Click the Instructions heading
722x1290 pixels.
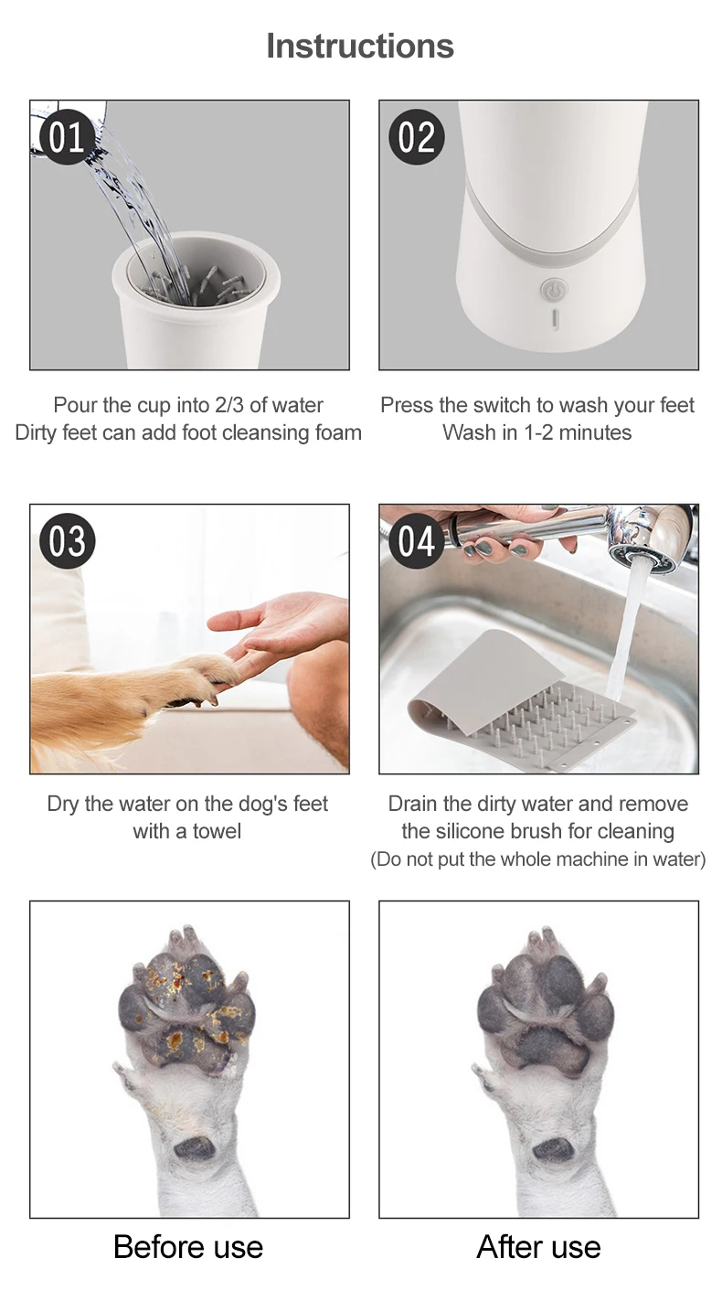[360, 46]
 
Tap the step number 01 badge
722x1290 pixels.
[66, 137]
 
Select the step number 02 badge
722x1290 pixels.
[416, 137]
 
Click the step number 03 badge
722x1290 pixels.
[67, 540]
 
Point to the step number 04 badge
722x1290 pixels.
[416, 540]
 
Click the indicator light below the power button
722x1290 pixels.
[555, 319]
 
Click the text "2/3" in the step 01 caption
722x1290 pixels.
[229, 405]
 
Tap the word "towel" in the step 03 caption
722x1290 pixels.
[217, 832]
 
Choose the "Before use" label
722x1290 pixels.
[188, 1247]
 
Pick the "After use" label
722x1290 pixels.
[538, 1247]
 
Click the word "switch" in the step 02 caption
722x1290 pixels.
[499, 405]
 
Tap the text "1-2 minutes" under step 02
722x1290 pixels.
[578, 432]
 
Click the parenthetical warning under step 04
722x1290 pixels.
[537, 859]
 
